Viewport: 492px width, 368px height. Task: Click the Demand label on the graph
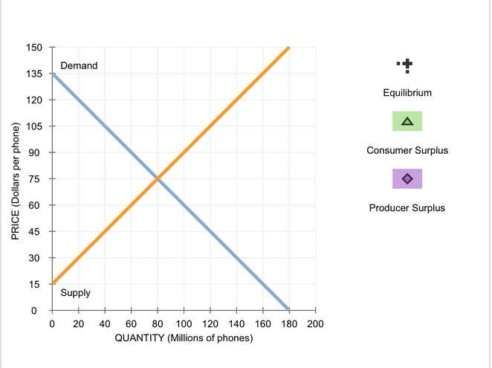[x=79, y=65]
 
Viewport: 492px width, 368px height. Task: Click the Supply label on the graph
[x=75, y=293]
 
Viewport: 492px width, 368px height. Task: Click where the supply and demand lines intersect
[x=158, y=178]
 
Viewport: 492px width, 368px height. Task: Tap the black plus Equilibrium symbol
[x=406, y=66]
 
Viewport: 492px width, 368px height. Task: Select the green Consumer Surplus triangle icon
[x=407, y=121]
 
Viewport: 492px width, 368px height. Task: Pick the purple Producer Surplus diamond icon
[x=407, y=179]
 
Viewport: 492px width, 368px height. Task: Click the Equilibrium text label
[x=407, y=93]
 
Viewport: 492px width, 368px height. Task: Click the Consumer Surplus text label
[x=407, y=150]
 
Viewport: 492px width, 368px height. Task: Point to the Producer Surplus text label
[x=407, y=207]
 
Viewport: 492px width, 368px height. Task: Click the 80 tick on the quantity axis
[x=158, y=324]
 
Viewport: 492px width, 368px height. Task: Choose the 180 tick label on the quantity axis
[x=288, y=324]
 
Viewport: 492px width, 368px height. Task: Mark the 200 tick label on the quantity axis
[x=315, y=324]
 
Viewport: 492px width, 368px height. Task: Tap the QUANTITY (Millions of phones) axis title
[x=184, y=338]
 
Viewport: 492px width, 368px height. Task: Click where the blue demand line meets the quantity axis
[x=288, y=310]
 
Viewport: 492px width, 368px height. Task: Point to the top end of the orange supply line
[x=288, y=48]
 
